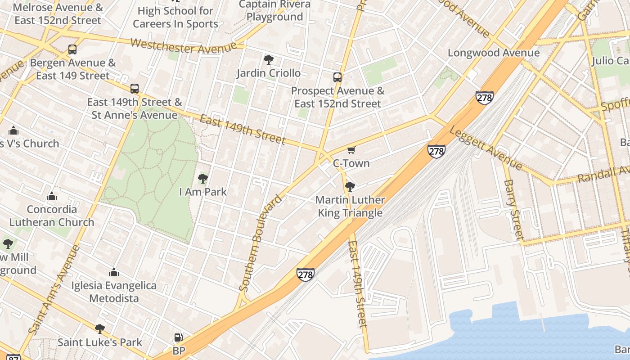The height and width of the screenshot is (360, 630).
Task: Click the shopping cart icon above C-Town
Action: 351,150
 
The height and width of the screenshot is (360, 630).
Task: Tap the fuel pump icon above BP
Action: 178,337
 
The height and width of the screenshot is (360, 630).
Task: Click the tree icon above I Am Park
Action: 202,179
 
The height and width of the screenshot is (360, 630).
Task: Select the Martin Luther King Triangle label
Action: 350,207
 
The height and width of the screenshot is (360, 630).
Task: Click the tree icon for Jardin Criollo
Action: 268,59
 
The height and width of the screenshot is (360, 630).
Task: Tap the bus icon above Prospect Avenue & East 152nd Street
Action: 337,77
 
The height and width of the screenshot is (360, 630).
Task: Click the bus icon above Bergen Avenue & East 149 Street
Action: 72,49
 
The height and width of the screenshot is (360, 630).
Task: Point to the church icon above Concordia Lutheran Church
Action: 52,197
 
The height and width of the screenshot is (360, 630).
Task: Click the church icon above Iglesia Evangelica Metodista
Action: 114,273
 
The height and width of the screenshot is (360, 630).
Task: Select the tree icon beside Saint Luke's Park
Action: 100,329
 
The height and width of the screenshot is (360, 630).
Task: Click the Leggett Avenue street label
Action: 486,148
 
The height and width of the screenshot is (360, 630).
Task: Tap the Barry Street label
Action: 513,209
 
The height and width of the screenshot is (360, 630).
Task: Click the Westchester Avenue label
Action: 184,46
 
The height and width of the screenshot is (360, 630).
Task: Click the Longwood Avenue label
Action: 494,53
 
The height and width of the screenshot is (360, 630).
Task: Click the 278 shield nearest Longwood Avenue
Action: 484,98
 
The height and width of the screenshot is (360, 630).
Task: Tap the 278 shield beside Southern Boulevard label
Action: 305,274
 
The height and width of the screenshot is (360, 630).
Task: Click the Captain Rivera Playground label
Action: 274,11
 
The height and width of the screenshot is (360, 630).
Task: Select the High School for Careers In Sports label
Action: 175,17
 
